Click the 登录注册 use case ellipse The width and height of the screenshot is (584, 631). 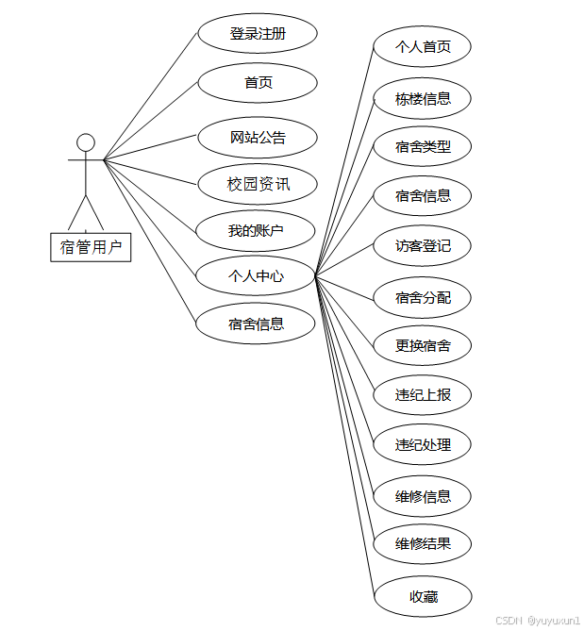click(258, 34)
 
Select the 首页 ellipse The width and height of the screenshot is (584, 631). click(258, 83)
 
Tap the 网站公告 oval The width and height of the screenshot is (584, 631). click(258, 138)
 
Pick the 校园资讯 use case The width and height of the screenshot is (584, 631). click(258, 184)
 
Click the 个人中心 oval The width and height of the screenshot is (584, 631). click(256, 276)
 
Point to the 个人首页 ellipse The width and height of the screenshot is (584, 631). click(423, 46)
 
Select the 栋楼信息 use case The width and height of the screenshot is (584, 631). click(423, 98)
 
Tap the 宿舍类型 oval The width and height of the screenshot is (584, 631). click(423, 147)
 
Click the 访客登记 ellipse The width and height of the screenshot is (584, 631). click(423, 247)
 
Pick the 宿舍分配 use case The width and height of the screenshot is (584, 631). click(423, 298)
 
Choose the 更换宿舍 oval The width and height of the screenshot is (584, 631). click(423, 346)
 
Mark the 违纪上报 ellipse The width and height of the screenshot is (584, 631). click(423, 394)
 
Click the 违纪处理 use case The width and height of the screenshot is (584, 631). click(423, 444)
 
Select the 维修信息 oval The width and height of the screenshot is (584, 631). click(423, 496)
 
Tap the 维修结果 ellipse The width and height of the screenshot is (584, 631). click(423, 544)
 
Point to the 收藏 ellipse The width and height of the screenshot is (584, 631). click(423, 596)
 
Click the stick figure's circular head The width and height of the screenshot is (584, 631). click(86, 142)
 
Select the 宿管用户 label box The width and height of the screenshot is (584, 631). click(91, 247)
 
